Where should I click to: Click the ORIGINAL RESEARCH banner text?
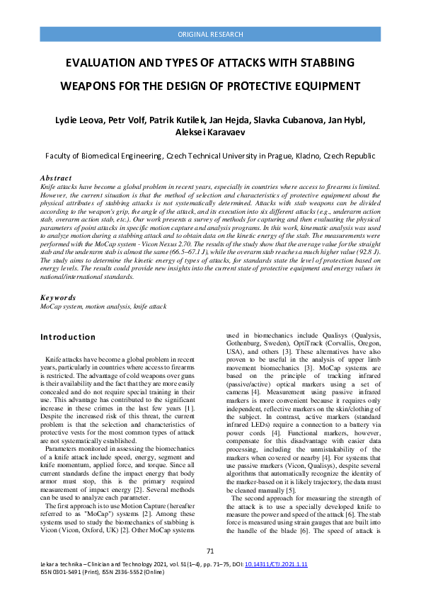(x=210, y=34)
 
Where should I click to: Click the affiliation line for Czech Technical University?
(x=210, y=156)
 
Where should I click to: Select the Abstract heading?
(x=56, y=178)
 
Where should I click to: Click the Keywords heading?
(x=58, y=298)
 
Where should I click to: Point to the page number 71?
(x=210, y=551)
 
